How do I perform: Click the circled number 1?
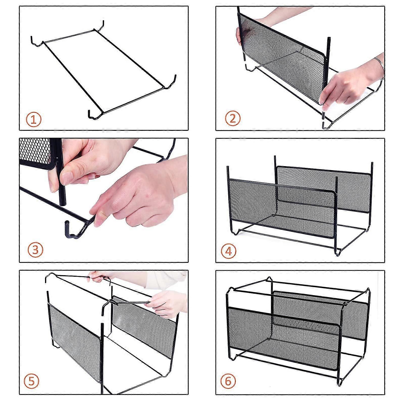click(33, 120)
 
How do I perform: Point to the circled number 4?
click(229, 251)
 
